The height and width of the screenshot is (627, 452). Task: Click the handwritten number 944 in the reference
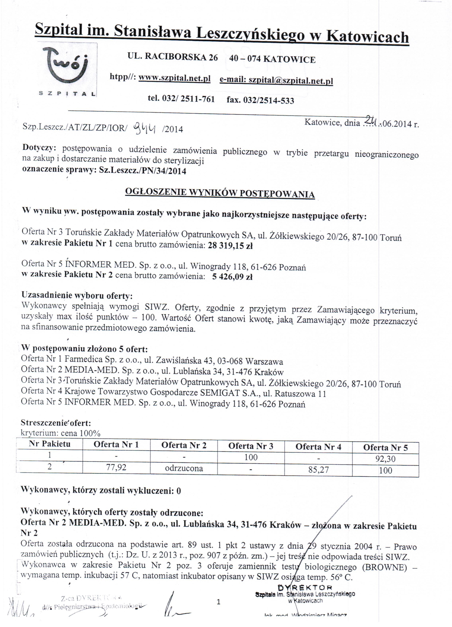145,128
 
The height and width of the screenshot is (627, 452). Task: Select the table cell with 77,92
116,467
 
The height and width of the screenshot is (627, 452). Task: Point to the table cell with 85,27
319,470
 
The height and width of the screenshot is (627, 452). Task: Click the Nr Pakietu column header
50,444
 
